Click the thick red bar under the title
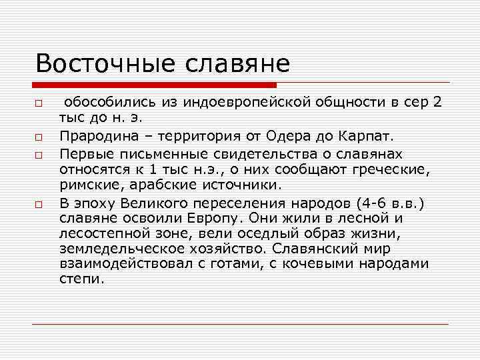pyautogui.click(x=154, y=85)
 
